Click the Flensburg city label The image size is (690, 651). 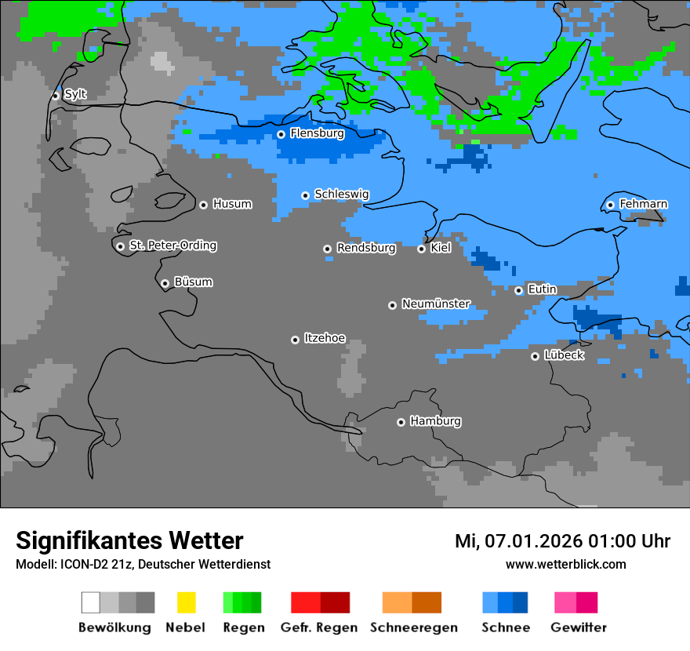point(317,133)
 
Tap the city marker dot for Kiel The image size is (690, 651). point(421,249)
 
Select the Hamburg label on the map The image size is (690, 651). point(435,421)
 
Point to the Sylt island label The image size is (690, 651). point(75,95)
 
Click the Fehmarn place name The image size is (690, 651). point(643,204)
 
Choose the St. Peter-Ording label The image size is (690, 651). point(172,245)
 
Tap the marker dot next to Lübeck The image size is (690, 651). point(535,356)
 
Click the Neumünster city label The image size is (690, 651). point(436,304)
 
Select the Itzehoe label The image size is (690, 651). point(325,338)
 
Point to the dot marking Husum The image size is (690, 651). point(203,205)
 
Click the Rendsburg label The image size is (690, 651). point(366,248)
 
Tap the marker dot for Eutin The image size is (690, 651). point(518,290)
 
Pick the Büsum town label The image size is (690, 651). point(193,282)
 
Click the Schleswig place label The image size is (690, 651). point(341,194)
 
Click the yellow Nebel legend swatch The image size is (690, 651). point(186,602)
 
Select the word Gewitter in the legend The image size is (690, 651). point(579,627)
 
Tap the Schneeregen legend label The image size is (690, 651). point(412,627)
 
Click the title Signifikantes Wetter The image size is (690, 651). point(129,541)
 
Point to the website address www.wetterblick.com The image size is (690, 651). point(565,565)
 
